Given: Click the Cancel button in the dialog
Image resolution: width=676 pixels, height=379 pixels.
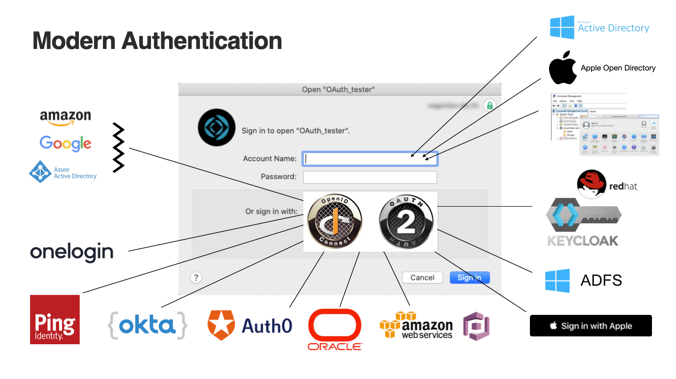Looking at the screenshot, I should coord(422,278).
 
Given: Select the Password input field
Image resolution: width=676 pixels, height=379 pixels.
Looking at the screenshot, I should coord(370,177).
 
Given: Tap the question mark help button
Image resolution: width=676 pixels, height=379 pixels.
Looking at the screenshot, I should coord(196,278).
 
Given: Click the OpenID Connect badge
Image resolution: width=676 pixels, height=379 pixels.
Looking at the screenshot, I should coord(335,221).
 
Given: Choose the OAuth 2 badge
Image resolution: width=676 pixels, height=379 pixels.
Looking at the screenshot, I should coord(406,221).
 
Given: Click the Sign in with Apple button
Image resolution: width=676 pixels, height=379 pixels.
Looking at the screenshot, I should coord(591,326).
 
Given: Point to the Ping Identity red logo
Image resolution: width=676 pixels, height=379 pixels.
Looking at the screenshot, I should coord(55,319).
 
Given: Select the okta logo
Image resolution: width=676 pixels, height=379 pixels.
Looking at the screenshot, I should coord(147,325).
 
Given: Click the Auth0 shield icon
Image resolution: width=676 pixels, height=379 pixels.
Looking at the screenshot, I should coord(221,325).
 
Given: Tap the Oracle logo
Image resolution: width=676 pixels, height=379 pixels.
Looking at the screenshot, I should coord(335,329).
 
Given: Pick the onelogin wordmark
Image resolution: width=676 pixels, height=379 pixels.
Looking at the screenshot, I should coord(72,252).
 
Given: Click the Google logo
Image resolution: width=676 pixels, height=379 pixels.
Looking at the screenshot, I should coord(65,143).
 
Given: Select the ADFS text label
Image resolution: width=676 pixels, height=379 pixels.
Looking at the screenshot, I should coord(601,281).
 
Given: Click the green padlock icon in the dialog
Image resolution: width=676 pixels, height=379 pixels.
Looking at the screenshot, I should coord(489,105).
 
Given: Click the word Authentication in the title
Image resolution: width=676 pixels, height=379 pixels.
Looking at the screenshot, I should coord(201,40).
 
